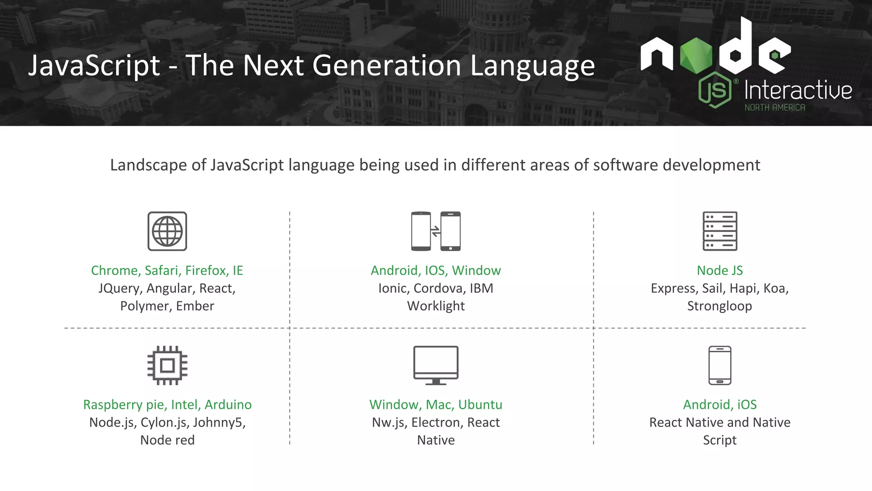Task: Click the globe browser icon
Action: coord(167,231)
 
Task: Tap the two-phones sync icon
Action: coord(436,231)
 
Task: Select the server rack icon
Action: coord(720,231)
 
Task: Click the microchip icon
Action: coord(167,365)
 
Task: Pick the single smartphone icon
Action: coord(720,365)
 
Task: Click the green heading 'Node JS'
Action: coord(720,270)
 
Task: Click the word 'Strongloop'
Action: coord(720,306)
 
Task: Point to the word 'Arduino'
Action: coord(228,404)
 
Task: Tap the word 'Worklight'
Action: coord(436,306)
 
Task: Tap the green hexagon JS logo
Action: coord(715,90)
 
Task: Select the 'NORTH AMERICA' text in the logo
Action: coord(774,108)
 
